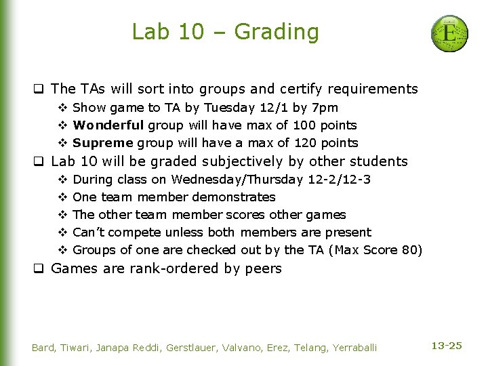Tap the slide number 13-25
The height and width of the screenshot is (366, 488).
click(447, 346)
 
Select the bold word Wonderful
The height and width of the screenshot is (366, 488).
click(108, 125)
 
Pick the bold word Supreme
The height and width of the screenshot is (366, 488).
click(103, 143)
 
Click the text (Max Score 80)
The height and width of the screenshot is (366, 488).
click(375, 250)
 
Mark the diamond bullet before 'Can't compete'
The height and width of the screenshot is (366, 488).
click(62, 232)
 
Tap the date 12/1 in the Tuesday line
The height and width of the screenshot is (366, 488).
click(277, 108)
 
